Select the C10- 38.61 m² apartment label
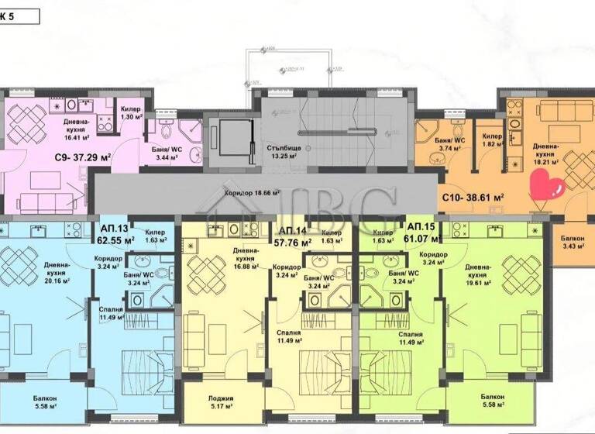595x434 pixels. [473, 198]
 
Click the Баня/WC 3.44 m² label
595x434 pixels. [164, 152]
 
